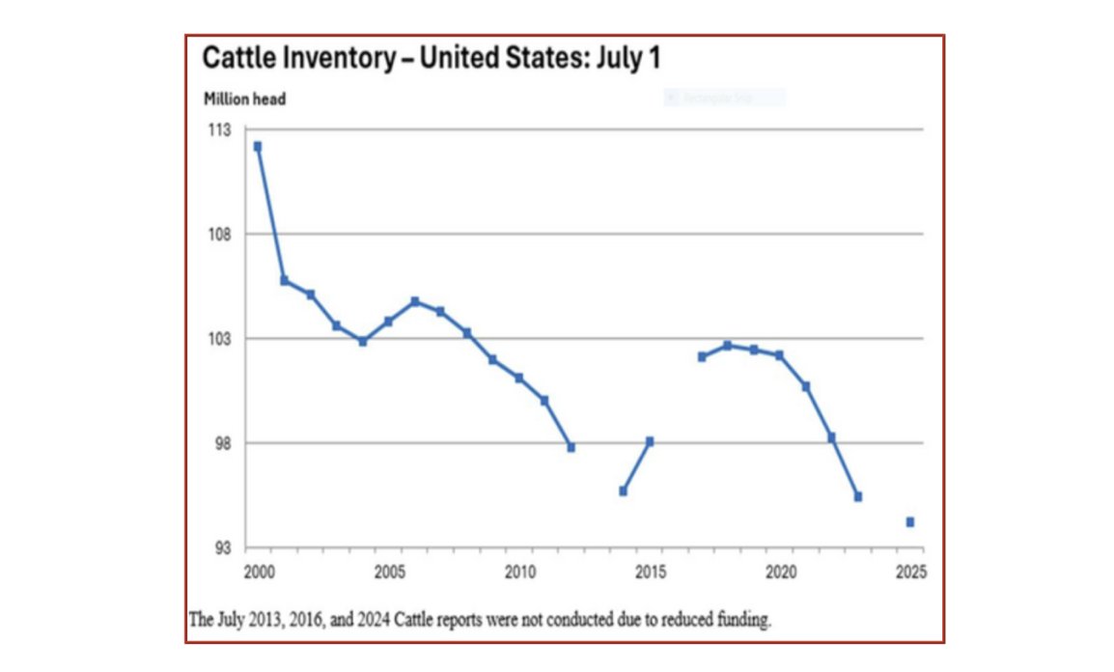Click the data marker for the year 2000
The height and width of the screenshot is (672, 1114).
257,147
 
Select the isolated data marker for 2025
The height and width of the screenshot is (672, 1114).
909,522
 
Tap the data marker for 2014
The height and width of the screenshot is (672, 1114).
623,491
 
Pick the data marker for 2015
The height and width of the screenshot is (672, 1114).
650,441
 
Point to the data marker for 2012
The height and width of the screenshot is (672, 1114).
571,447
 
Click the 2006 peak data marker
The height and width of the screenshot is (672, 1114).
414,301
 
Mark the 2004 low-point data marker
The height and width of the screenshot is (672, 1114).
362,341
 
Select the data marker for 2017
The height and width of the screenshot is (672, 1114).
702,356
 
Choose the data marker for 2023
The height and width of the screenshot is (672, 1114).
857,496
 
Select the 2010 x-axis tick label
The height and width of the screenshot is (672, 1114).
518,571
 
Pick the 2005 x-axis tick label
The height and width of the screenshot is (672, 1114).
388,571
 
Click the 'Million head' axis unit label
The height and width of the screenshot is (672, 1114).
244,98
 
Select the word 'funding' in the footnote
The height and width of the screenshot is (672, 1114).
746,620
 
